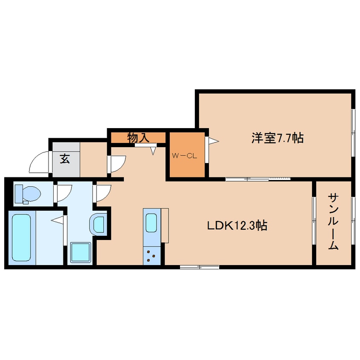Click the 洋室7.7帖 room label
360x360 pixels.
pos(277,138)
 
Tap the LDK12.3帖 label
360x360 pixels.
pos(237,226)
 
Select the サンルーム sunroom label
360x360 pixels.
pos(333,221)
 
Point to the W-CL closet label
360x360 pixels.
pos(185,156)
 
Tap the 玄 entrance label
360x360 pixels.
pos(65,159)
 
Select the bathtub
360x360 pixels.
pos(21,237)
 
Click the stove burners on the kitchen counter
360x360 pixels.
pos(151,255)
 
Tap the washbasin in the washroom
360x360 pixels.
pos(99,223)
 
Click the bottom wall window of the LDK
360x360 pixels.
pos(199,267)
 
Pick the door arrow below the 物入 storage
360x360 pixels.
pos(154,149)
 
